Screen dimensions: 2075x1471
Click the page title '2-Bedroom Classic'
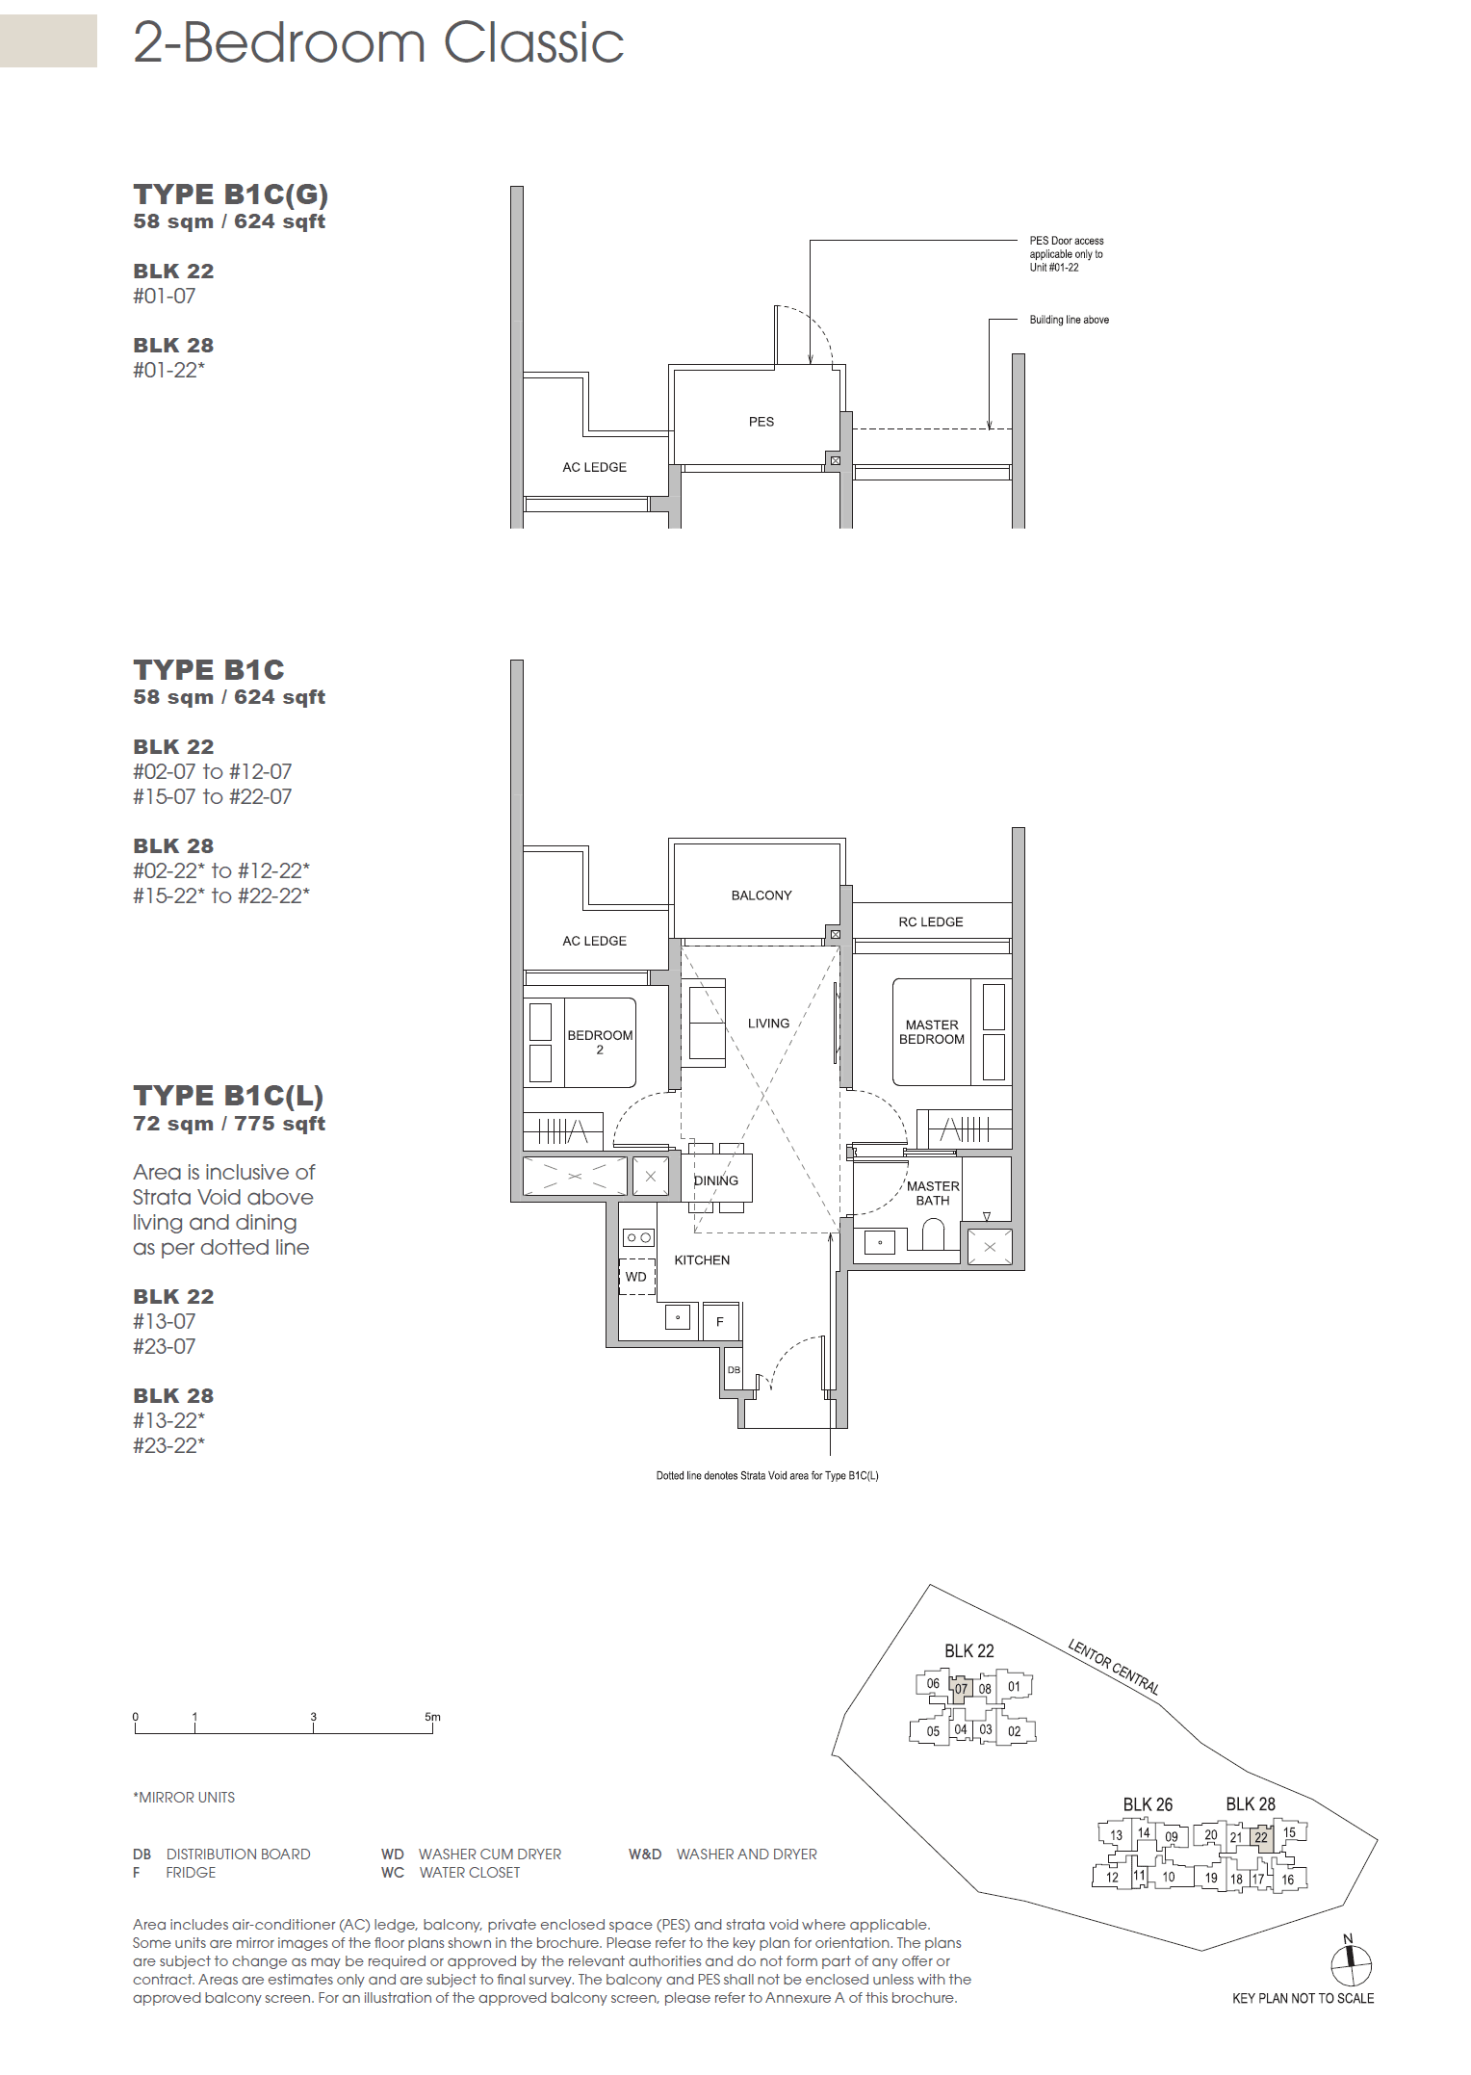(x=378, y=43)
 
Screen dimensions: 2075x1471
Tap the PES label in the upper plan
(x=761, y=422)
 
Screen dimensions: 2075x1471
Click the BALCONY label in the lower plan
(x=761, y=895)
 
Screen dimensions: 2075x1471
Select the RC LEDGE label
(x=930, y=921)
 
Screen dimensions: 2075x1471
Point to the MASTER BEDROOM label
(x=931, y=1032)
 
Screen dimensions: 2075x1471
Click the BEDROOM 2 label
(x=599, y=1042)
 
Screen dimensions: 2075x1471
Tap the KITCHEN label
(x=701, y=1260)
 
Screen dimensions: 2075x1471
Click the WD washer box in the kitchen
(x=636, y=1277)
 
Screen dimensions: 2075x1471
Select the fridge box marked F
(x=719, y=1322)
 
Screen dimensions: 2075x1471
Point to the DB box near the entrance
(x=734, y=1369)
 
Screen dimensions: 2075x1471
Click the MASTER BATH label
(x=932, y=1193)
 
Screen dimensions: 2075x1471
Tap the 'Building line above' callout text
(x=1069, y=320)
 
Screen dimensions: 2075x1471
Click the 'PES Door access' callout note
(x=1066, y=254)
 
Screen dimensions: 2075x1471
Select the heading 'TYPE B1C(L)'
(x=228, y=1096)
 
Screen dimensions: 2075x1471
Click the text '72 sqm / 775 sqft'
(x=229, y=1124)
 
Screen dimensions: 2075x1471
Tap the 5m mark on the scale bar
(x=432, y=1718)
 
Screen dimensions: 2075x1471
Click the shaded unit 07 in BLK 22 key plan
(x=960, y=1689)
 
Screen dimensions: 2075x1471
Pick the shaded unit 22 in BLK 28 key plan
(x=1261, y=1837)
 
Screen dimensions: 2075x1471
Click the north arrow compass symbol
(x=1351, y=1964)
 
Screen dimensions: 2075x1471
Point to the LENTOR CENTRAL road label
(x=1113, y=1667)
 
